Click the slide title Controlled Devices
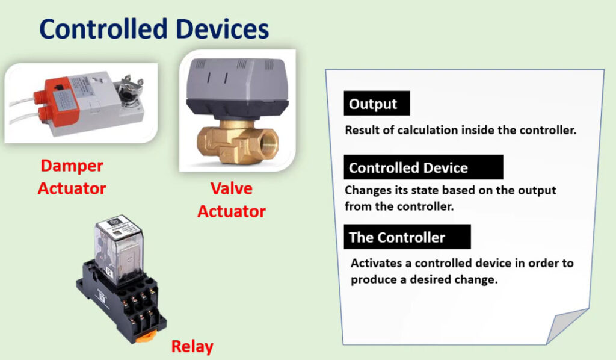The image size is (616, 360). point(154,29)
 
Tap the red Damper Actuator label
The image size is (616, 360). point(72,177)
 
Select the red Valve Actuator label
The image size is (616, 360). point(232,200)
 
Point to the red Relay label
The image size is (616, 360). point(192,346)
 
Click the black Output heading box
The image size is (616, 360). point(377,104)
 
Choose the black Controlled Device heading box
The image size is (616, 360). point(423,167)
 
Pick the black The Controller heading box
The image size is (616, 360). point(407,237)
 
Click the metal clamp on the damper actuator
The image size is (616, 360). point(131,91)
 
